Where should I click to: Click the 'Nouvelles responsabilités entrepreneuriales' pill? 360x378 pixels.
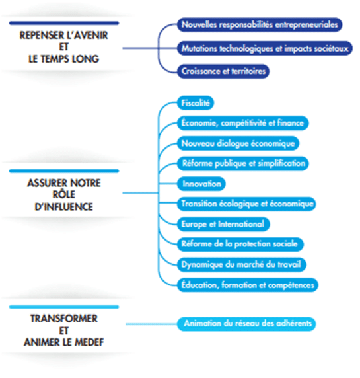tap(260, 24)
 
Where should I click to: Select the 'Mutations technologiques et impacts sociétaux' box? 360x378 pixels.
tap(265, 48)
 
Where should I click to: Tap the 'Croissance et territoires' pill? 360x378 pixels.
tap(223, 71)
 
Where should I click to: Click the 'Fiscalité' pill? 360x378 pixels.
tap(196, 103)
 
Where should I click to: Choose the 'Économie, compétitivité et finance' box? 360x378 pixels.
tap(242, 123)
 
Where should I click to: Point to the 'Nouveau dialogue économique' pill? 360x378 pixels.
tap(238, 143)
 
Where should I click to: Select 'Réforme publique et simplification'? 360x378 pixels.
tap(242, 163)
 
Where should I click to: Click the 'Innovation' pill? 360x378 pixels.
tap(201, 184)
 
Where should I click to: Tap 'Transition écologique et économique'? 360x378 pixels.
tap(246, 204)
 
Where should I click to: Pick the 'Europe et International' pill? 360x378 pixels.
tap(223, 224)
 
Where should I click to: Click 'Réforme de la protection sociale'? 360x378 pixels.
tap(240, 244)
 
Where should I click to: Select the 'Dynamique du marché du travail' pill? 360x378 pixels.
tap(242, 264)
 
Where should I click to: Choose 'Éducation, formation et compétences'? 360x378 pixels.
tap(248, 285)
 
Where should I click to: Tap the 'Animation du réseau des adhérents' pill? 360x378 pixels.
tap(246, 324)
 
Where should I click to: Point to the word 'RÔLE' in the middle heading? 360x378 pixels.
tap(64, 194)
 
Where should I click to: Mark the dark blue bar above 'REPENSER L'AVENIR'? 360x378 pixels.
tap(64, 23)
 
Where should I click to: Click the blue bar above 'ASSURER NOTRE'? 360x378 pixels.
tap(64, 171)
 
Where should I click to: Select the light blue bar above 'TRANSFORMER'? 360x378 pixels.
tap(64, 307)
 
